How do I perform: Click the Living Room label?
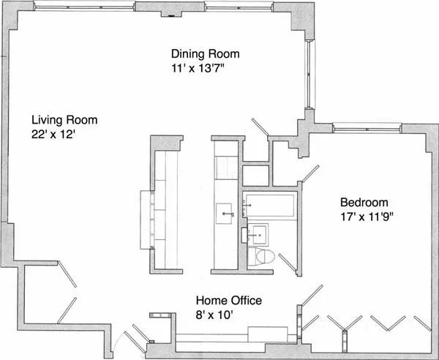pos(64,120)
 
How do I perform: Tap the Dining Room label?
pos(205,54)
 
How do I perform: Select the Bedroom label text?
pos(364,203)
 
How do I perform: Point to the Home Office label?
pos(228,301)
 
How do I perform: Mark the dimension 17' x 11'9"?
pos(369,217)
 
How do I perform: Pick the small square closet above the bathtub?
pos(256,176)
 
